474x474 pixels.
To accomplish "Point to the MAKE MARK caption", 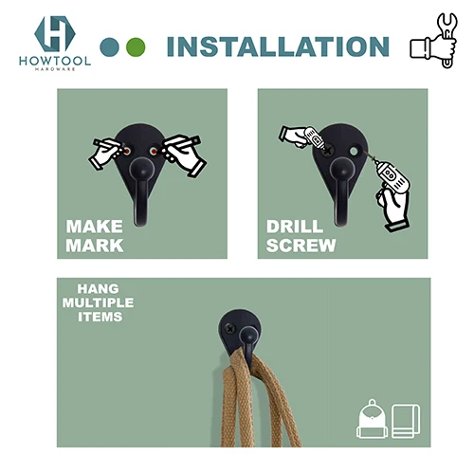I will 95,236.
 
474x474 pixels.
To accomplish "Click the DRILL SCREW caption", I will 301,236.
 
